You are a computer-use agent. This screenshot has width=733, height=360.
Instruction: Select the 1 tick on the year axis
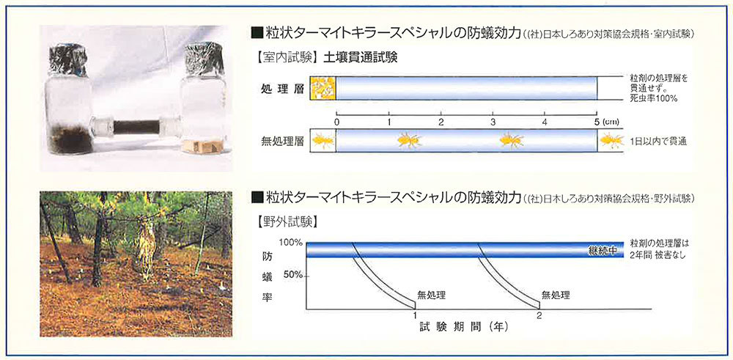416,315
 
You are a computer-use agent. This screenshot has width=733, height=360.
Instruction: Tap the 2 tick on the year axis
539,315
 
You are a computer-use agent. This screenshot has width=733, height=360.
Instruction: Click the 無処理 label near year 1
432,295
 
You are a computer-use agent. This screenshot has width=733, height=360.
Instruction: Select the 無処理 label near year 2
556,295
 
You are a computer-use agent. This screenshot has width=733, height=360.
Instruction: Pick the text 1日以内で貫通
658,141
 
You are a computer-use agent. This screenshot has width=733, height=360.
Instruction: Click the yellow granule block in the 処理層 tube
323,89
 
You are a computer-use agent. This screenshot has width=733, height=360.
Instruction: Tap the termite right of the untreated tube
612,140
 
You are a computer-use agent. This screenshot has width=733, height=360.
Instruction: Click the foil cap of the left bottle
68,60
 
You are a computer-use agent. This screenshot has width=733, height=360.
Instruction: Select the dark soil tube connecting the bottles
136,127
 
